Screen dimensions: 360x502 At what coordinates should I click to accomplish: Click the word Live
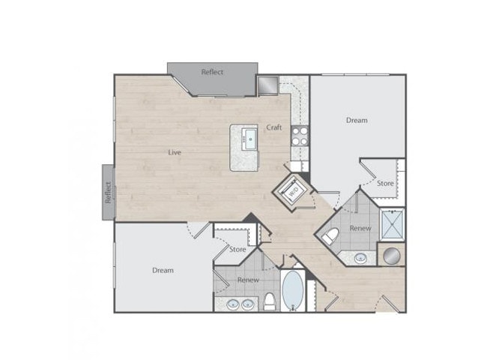175,152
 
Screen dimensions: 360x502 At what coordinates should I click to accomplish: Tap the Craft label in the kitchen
274,127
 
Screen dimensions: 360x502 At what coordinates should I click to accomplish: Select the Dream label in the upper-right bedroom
357,120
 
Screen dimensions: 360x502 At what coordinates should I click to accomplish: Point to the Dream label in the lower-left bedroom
163,270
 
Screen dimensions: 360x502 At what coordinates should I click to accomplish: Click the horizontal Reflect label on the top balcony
213,72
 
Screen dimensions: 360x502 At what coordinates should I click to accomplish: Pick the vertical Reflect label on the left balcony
108,192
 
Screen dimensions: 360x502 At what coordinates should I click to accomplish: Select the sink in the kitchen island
250,137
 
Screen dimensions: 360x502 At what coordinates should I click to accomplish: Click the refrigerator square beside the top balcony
267,85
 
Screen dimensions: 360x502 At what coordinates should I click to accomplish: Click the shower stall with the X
392,223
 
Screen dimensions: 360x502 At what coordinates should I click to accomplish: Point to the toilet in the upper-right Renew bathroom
329,237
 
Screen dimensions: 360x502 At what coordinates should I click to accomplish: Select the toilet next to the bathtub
270,302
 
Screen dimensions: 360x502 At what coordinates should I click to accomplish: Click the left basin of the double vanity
230,304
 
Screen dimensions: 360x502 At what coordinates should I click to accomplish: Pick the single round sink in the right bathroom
360,259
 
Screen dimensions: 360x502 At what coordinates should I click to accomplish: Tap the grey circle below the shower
392,255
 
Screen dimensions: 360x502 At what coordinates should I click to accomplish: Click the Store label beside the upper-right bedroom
385,183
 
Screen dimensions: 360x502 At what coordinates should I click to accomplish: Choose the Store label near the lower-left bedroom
238,249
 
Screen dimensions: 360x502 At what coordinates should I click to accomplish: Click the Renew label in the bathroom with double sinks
248,280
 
